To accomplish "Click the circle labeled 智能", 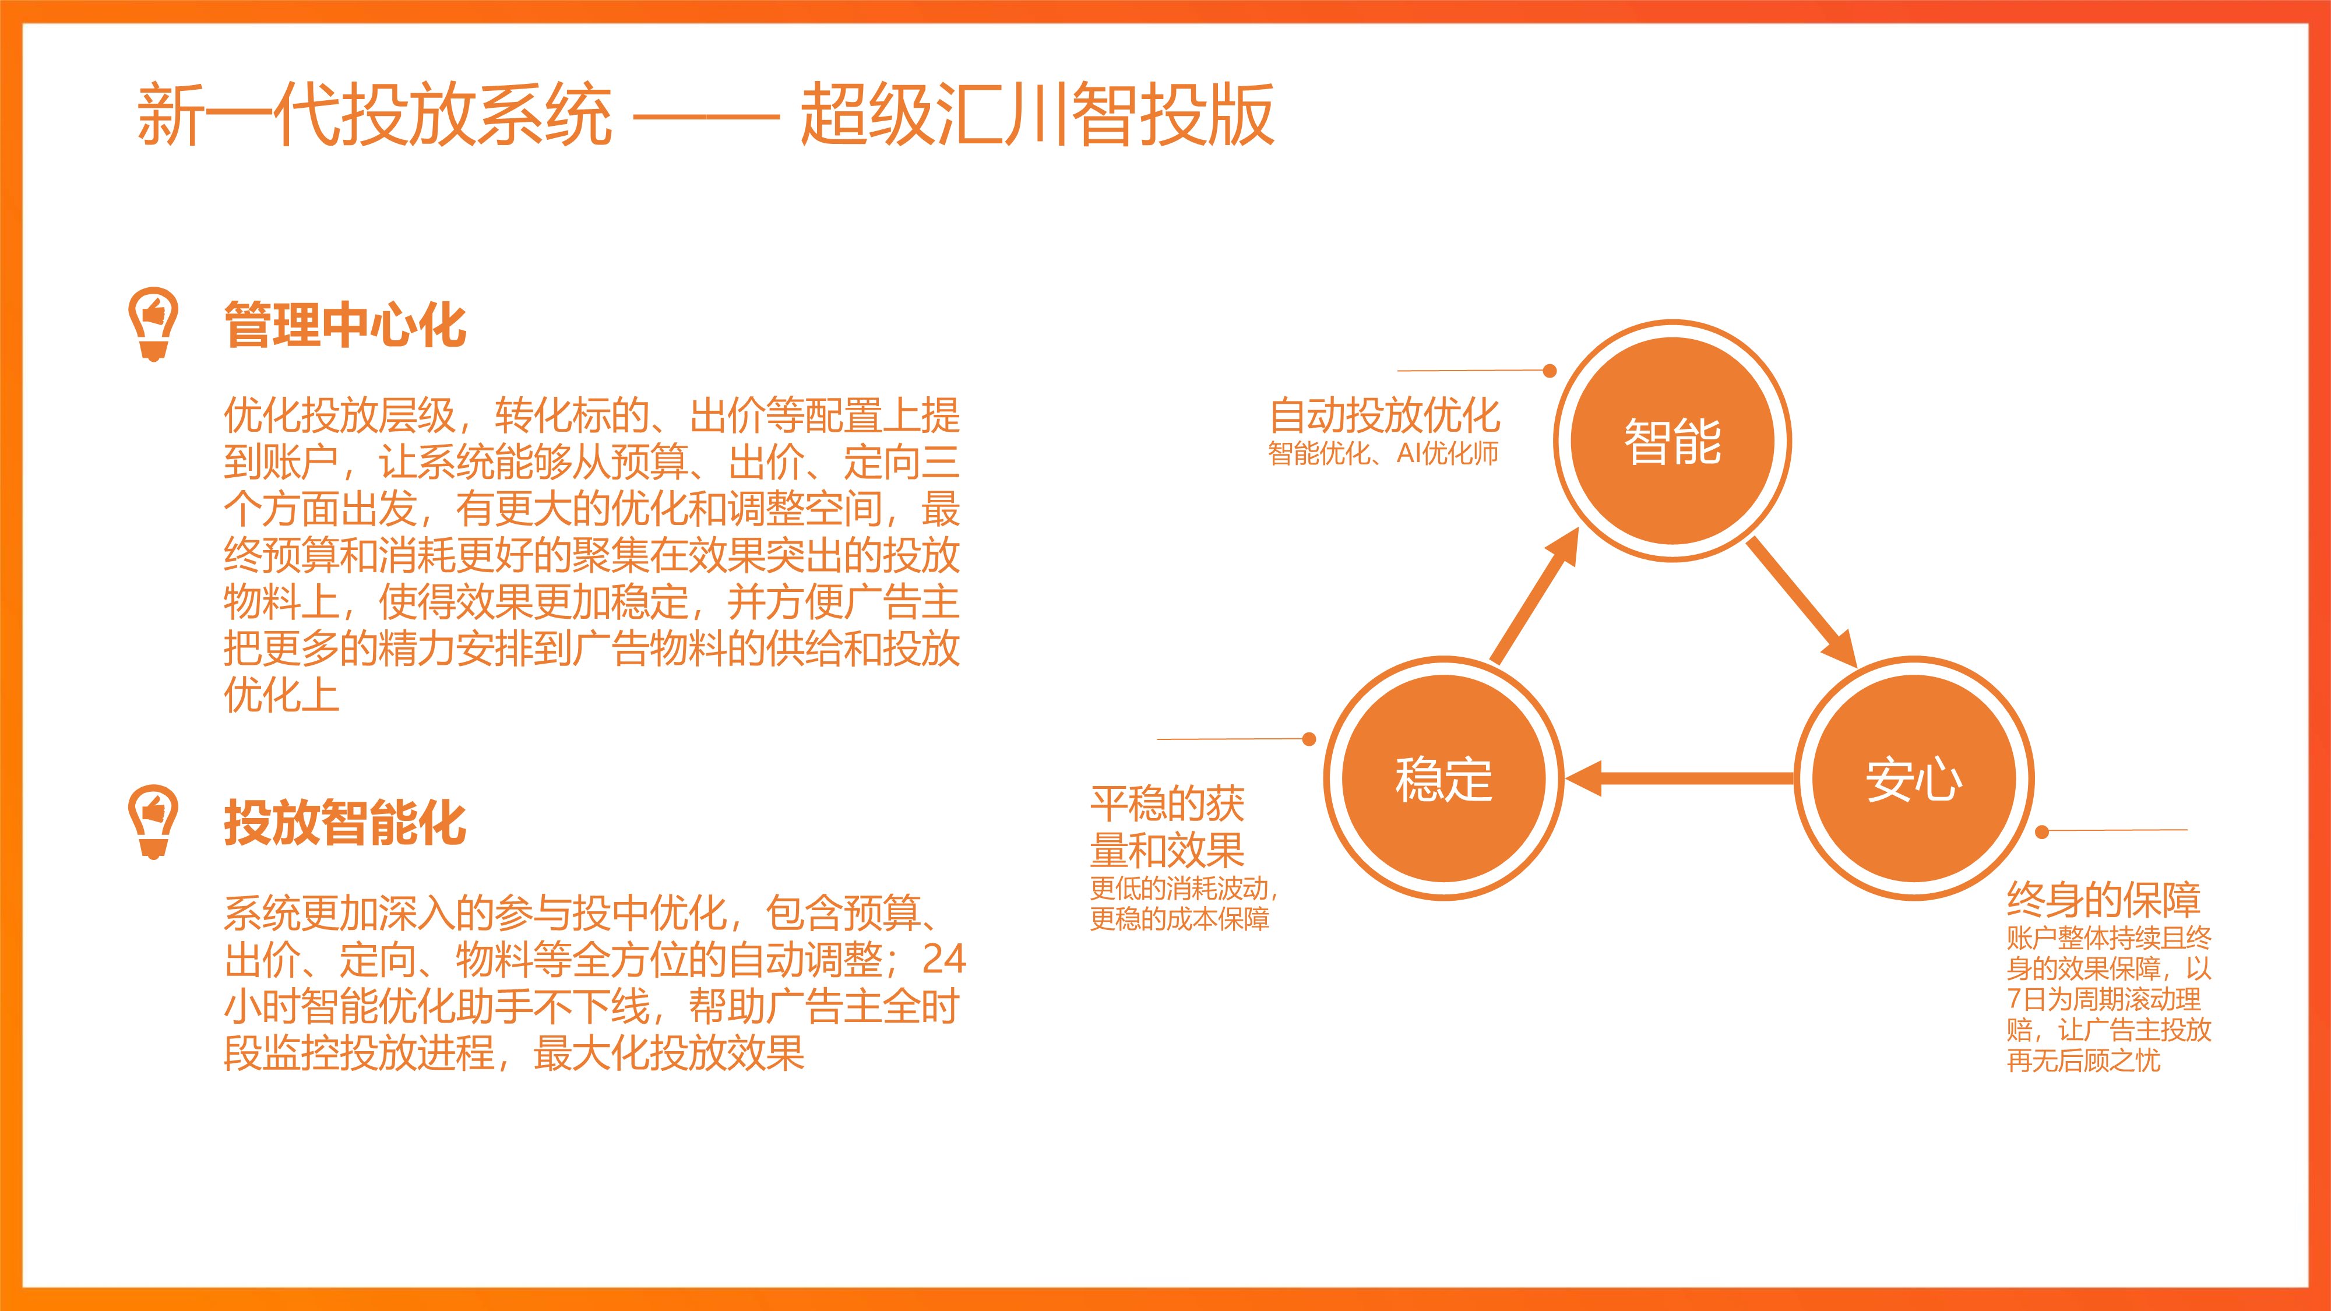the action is click(x=1672, y=440).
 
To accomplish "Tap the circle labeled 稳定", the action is click(x=1443, y=778).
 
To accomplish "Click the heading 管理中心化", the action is click(x=345, y=326).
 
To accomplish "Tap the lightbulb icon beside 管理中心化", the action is click(x=153, y=325).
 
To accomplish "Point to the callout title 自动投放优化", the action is click(x=1385, y=415).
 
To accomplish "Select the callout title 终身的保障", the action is click(x=2103, y=899).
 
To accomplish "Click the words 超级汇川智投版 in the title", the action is click(x=1038, y=115).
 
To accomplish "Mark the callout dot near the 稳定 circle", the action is click(x=1308, y=739).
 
